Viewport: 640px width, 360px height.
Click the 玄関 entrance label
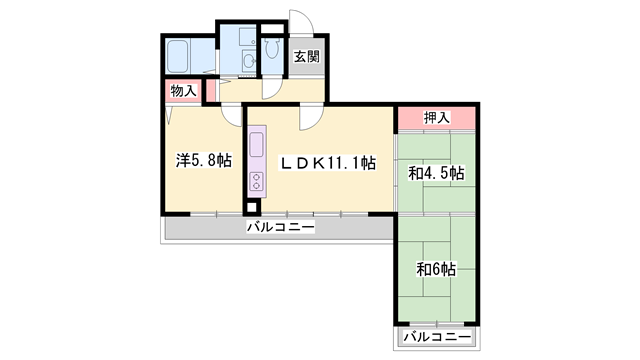click(307, 56)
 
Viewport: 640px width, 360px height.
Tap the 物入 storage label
click(183, 90)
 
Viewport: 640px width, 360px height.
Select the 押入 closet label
click(436, 118)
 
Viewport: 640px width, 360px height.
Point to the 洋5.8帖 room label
click(204, 160)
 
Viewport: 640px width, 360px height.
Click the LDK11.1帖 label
click(327, 163)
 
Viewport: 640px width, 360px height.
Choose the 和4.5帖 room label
click(436, 173)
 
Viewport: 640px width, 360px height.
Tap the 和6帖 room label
click(436, 269)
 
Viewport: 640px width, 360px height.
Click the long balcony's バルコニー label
click(281, 227)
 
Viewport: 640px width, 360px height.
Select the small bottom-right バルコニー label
click(437, 337)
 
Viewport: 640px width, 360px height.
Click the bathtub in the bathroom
click(178, 56)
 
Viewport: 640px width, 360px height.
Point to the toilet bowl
click(271, 48)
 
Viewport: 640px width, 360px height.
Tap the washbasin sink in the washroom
click(249, 62)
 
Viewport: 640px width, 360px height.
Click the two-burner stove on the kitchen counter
click(257, 181)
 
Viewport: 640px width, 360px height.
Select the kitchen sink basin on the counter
click(257, 144)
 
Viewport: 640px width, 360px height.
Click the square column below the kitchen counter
click(252, 207)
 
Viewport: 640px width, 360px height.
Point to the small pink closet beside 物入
click(211, 90)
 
